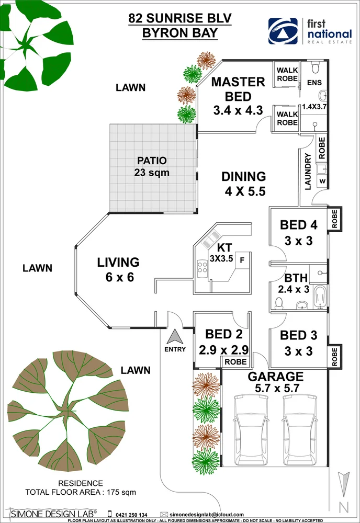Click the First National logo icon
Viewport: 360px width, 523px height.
283,31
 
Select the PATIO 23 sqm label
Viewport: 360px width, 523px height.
152,166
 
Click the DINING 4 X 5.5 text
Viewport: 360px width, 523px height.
243,184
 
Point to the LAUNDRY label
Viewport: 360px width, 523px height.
308,171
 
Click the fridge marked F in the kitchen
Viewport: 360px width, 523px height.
242,259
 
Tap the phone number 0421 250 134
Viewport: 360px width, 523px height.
131,515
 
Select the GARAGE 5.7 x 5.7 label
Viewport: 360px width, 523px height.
275,382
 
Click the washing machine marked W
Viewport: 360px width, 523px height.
322,181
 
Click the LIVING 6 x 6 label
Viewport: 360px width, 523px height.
118,269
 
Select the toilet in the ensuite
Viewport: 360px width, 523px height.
315,69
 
